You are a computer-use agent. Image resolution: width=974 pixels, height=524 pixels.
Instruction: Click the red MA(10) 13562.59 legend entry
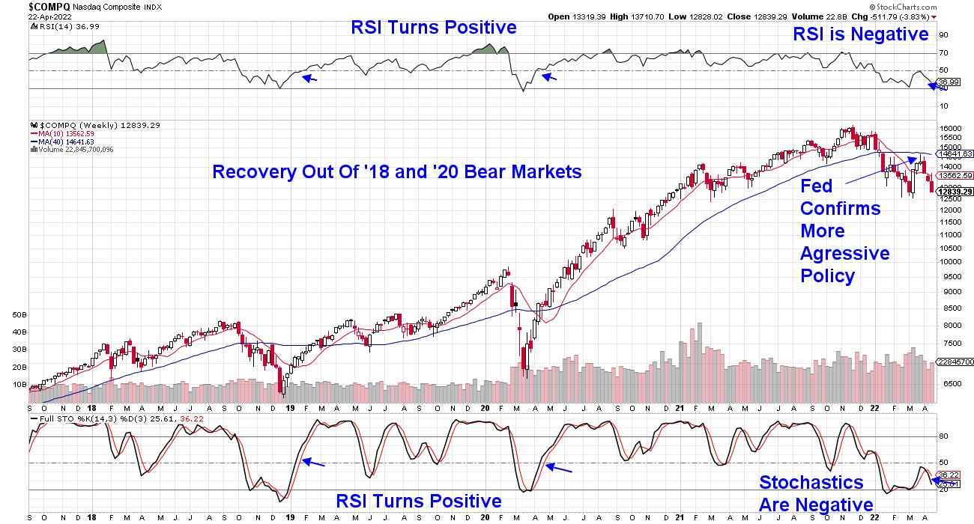coord(66,133)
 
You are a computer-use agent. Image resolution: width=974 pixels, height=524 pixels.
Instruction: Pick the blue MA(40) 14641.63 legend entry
coord(66,141)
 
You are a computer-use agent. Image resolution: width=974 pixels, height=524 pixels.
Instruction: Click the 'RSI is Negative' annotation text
coord(861,34)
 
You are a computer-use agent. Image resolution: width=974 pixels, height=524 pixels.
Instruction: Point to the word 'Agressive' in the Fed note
coord(844,253)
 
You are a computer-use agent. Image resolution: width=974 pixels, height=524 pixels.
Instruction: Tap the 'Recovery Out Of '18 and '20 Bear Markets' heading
coord(397,172)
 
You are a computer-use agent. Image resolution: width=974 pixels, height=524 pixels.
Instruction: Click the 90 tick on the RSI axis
coord(943,34)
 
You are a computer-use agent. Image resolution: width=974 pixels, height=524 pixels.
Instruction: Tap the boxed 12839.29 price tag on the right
coord(955,192)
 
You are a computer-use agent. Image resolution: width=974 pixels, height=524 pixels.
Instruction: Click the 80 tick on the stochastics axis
coord(943,436)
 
